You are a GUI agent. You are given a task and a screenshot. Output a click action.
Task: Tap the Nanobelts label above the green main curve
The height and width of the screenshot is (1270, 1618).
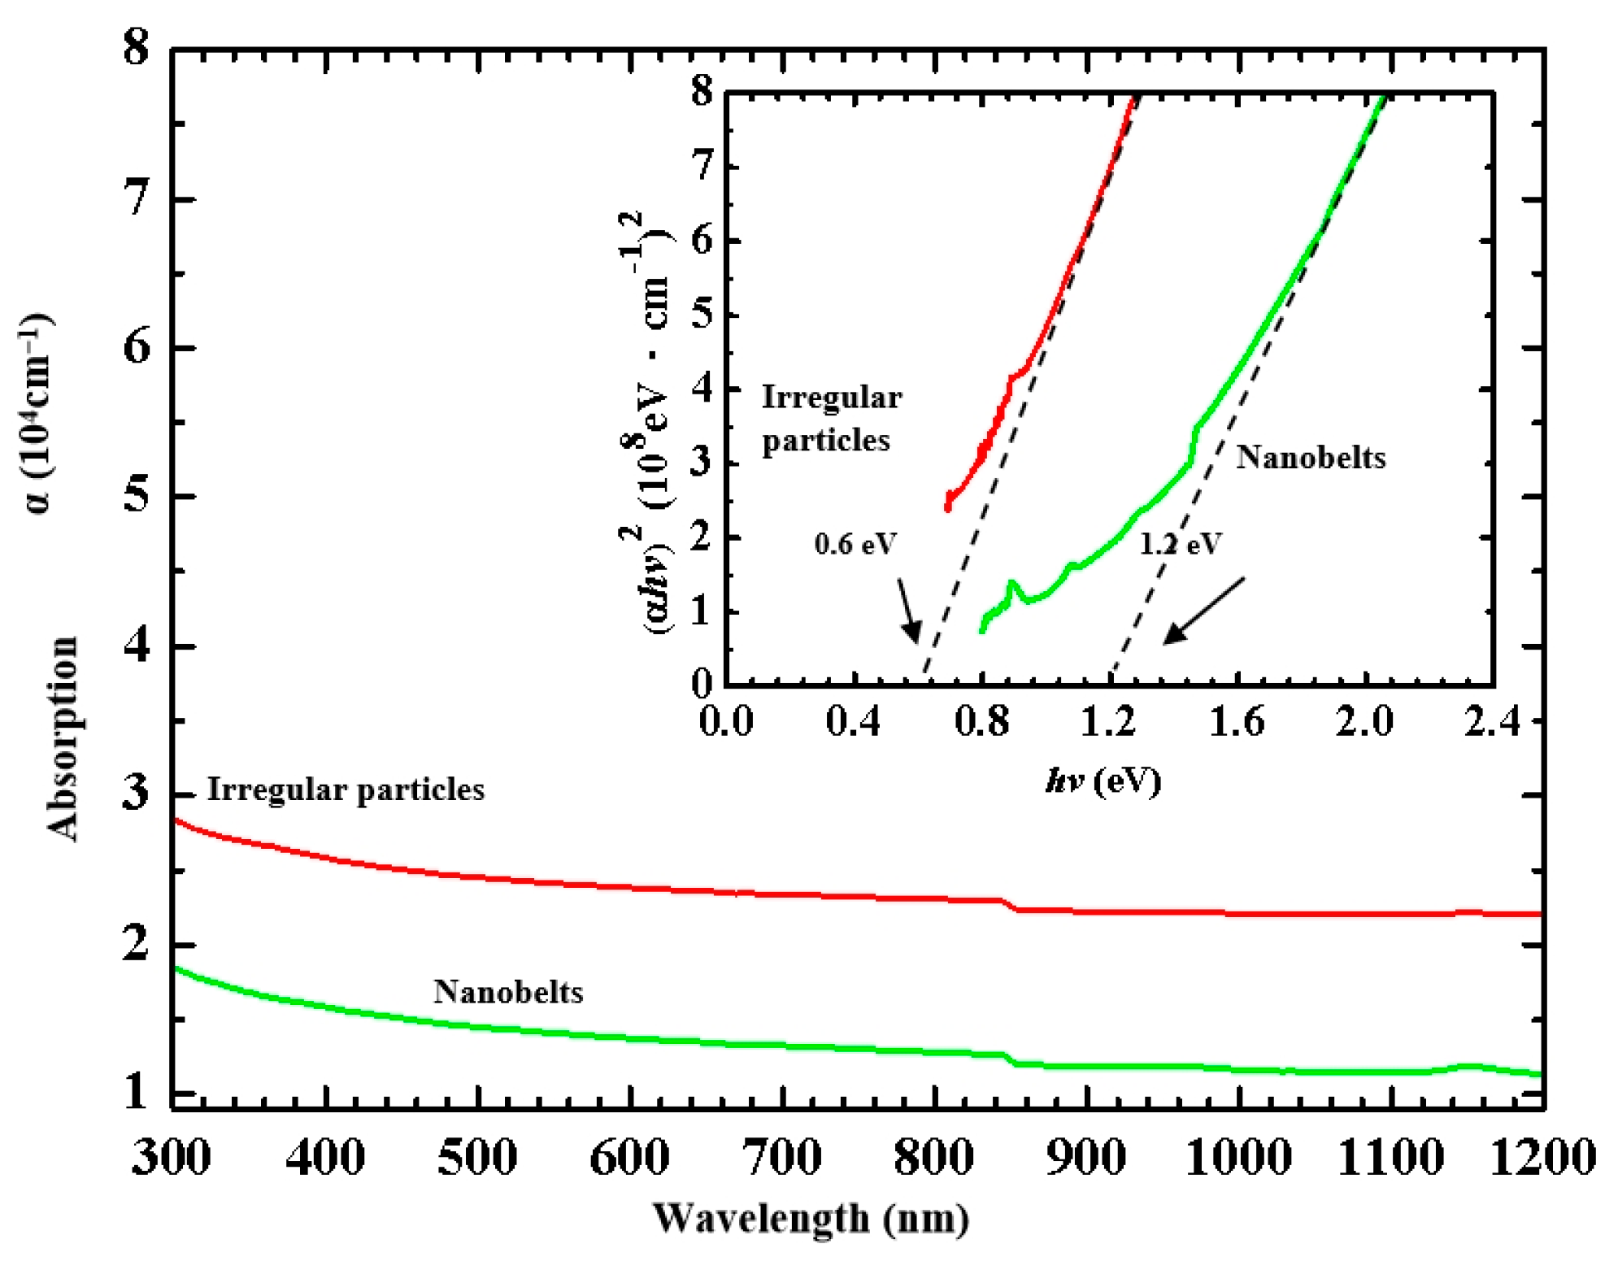pos(508,992)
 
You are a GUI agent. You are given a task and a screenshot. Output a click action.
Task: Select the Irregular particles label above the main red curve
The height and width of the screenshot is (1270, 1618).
pos(346,789)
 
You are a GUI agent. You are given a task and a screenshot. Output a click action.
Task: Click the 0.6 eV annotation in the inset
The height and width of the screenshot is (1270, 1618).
pos(855,543)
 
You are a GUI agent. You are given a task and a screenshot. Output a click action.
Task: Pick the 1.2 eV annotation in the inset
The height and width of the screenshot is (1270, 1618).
pos(1180,543)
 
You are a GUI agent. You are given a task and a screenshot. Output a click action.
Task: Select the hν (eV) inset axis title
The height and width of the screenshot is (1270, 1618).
pos(1103,781)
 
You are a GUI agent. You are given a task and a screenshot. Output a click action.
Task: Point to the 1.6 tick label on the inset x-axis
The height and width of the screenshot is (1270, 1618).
pos(1237,721)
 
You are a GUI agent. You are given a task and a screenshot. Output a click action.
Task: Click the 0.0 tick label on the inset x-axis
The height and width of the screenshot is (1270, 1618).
pos(726,721)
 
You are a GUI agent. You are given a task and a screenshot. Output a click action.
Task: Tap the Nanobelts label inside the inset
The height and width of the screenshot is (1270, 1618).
pos(1311,457)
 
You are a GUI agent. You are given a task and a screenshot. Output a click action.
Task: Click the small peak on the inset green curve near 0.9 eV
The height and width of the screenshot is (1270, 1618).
pos(1011,583)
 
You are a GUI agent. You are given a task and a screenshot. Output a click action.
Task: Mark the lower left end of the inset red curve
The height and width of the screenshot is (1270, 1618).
pos(948,507)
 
